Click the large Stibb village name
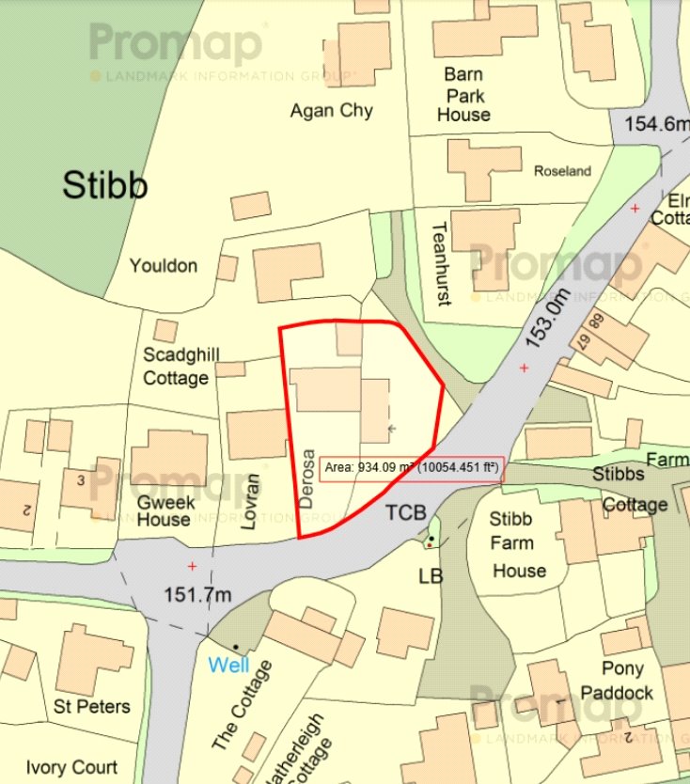tap(105, 185)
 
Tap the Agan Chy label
tap(331, 111)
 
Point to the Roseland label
tap(562, 171)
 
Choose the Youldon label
tap(164, 266)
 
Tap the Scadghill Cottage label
tap(176, 366)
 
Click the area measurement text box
tap(411, 466)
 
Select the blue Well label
tap(228, 666)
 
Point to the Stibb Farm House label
tap(518, 544)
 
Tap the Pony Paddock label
tap(623, 681)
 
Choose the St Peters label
tap(92, 706)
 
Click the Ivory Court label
tap(72, 766)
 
